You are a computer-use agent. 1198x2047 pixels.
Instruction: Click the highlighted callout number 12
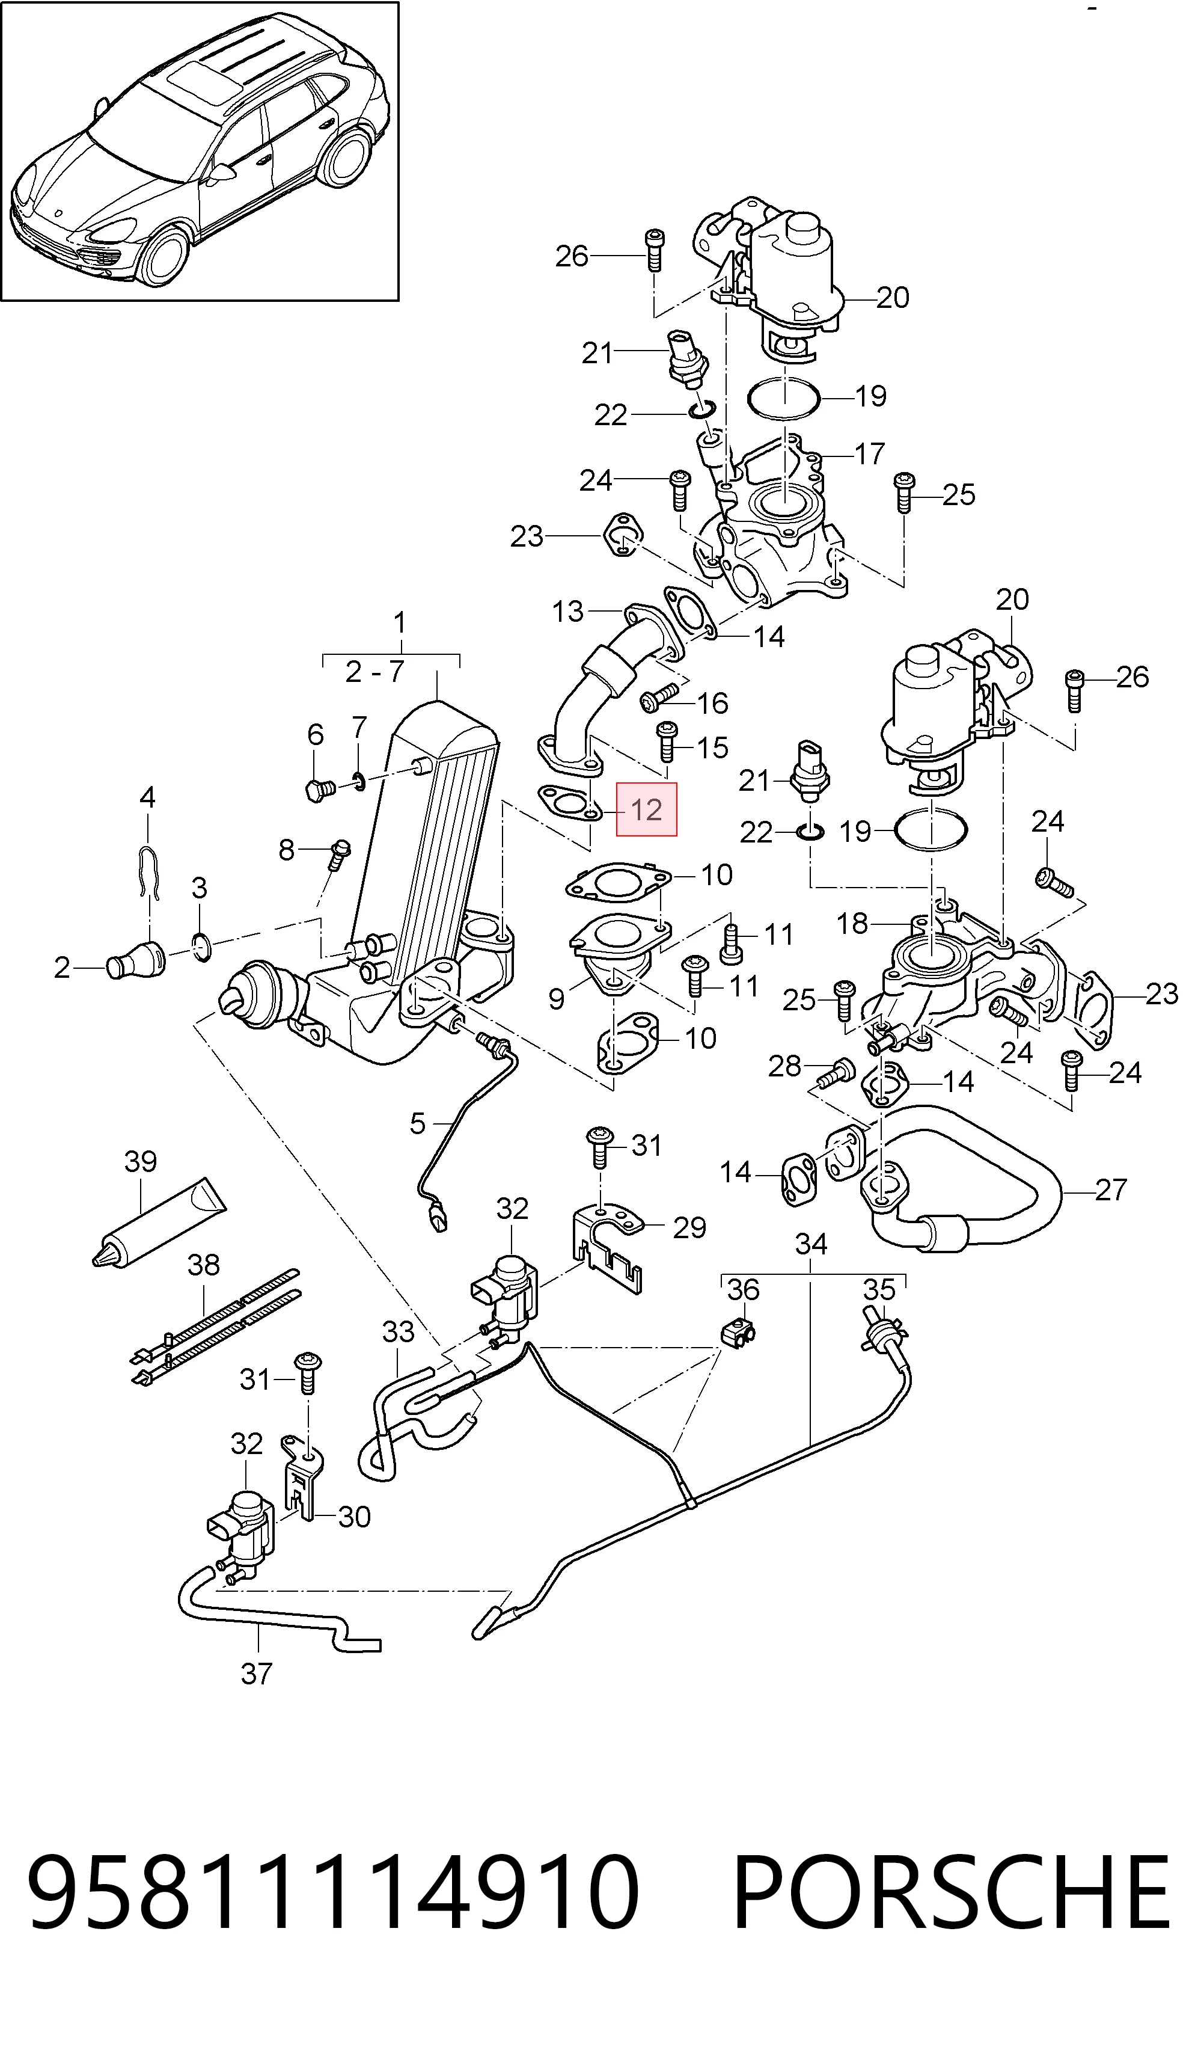tap(647, 810)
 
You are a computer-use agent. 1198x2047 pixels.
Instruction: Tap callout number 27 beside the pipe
tap(1111, 1190)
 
